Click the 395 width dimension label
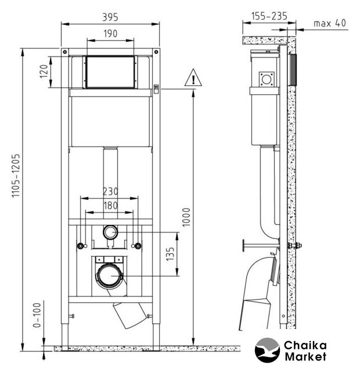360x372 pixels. point(110,17)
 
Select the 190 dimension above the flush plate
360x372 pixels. point(110,34)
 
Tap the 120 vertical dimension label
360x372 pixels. point(44,71)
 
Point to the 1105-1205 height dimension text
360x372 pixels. point(16,176)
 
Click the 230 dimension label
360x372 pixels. point(110,191)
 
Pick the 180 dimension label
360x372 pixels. point(110,205)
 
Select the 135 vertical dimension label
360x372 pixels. point(170,254)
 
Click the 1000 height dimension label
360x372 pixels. point(186,217)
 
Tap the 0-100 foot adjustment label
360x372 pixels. point(37,315)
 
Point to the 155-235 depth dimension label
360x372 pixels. point(269,16)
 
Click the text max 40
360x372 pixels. point(330,23)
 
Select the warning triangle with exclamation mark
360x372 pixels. point(193,77)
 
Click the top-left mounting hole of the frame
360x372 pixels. point(64,52)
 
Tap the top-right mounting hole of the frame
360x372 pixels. point(156,52)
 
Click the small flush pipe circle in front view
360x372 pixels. point(110,232)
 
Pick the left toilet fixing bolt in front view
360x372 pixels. point(81,246)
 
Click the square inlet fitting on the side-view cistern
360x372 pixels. point(267,79)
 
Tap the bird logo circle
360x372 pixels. point(267,350)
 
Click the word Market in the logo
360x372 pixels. point(305,356)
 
